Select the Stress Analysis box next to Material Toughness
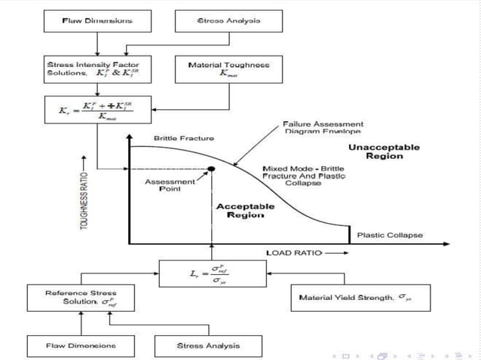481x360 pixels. coord(228,21)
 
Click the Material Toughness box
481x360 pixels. coord(228,70)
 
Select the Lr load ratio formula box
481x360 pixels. coord(213,273)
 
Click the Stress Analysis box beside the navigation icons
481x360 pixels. coord(208,345)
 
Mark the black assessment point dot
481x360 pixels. coord(211,169)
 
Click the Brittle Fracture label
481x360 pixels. coord(184,139)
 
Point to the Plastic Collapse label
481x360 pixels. coord(390,235)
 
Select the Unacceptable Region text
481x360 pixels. coord(384,151)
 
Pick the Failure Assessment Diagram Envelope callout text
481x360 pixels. coord(323,127)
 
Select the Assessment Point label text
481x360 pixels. coord(170,185)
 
